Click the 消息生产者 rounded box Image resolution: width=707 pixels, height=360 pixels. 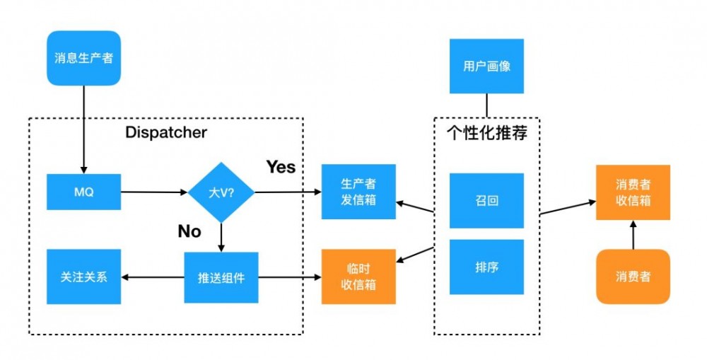83,58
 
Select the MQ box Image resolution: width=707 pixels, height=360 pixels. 83,192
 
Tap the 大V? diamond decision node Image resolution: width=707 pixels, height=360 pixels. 221,192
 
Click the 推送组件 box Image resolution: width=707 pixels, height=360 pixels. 221,277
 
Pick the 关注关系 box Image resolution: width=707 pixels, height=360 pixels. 83,277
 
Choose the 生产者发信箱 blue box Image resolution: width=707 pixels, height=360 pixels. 358,192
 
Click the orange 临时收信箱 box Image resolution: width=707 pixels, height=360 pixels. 358,277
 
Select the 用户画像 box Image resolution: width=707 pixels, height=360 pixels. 486,66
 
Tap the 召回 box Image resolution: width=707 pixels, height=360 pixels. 486,201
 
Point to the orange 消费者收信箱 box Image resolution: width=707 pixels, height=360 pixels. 633,192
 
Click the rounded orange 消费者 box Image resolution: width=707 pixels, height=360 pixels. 633,277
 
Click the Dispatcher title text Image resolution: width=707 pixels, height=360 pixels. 166,132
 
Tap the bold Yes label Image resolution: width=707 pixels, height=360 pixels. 281,167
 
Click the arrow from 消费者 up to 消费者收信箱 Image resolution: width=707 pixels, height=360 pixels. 633,233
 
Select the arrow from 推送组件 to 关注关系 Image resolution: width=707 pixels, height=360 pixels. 152,277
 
